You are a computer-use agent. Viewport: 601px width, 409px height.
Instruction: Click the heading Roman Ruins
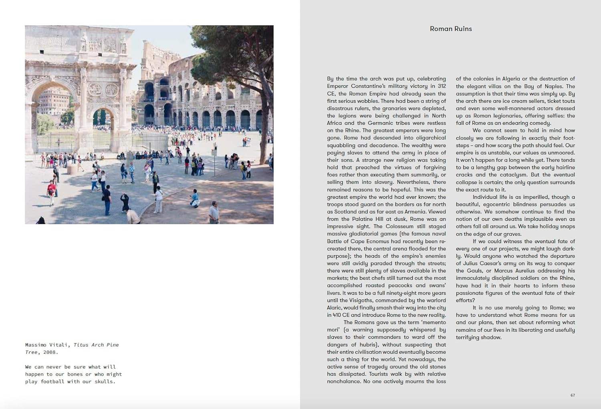pyautogui.click(x=451, y=29)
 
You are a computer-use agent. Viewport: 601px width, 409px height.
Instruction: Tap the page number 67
pyautogui.click(x=573, y=395)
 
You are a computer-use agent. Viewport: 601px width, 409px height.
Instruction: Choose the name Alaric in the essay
pyautogui.click(x=334, y=308)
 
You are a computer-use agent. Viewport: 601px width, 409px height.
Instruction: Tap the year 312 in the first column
pyautogui.click(x=442, y=86)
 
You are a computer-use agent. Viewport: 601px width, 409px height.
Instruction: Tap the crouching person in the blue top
pyautogui.click(x=195, y=198)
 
